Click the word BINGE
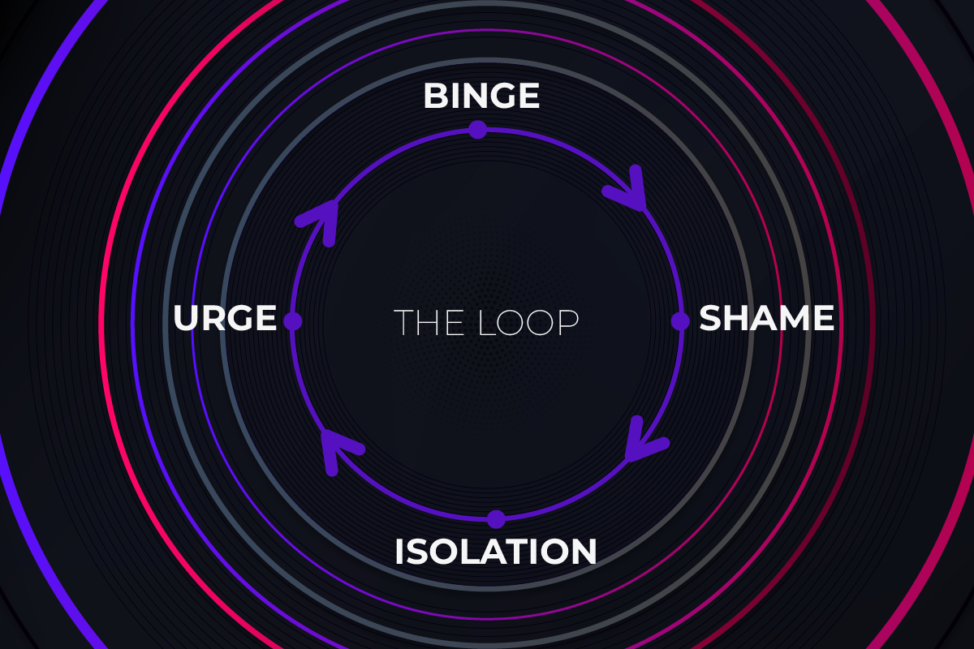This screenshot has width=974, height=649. pyautogui.click(x=481, y=97)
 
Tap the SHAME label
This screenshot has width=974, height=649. pyautogui.click(x=766, y=319)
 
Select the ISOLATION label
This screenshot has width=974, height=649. pyautogui.click(x=495, y=552)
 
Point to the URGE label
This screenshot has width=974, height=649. pyautogui.click(x=225, y=319)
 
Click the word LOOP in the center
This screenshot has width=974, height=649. pyautogui.click(x=528, y=322)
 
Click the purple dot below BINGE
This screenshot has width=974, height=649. pyautogui.click(x=477, y=129)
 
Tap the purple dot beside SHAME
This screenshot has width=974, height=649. pyautogui.click(x=680, y=321)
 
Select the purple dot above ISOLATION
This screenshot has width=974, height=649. pyautogui.click(x=496, y=519)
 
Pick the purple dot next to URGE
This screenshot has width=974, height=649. pyautogui.click(x=293, y=321)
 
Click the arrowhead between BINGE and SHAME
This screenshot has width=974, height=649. pyautogui.click(x=628, y=191)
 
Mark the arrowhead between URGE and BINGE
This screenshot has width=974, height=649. pyautogui.click(x=323, y=217)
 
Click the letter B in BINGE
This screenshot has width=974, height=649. pyautogui.click(x=435, y=97)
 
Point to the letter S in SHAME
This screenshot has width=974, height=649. pyautogui.click(x=710, y=319)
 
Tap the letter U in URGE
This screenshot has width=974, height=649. pyautogui.click(x=186, y=319)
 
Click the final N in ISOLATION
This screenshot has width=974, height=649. pyautogui.click(x=584, y=552)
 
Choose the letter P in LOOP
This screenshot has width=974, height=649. pyautogui.click(x=568, y=322)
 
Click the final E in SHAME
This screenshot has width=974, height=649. pyautogui.click(x=825, y=319)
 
